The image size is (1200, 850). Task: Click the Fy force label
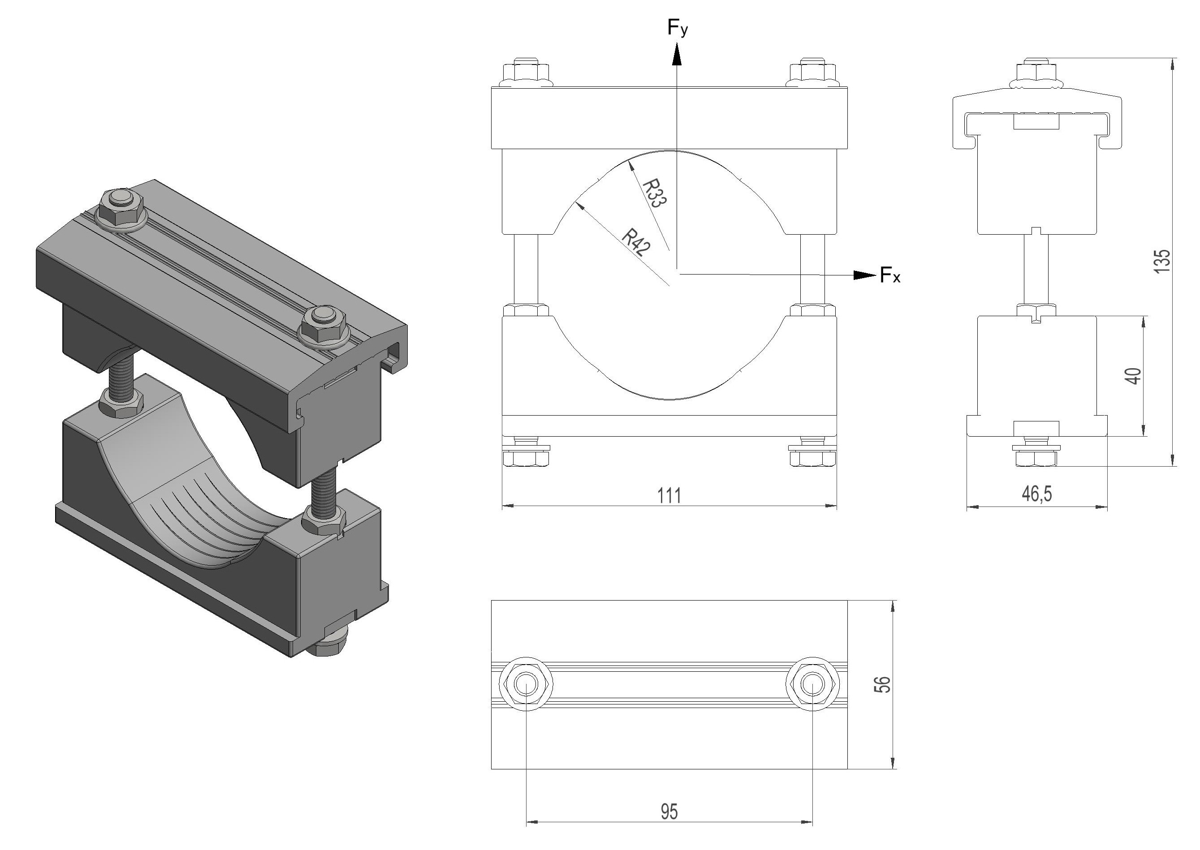tap(678, 28)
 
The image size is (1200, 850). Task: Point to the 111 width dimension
tap(669, 495)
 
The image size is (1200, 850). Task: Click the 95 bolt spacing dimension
tap(669, 812)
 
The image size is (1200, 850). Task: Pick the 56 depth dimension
tap(883, 684)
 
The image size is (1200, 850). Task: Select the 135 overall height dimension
tap(1162, 261)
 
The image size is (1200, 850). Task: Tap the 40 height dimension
tap(1134, 376)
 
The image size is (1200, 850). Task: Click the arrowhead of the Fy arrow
tap(677, 54)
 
